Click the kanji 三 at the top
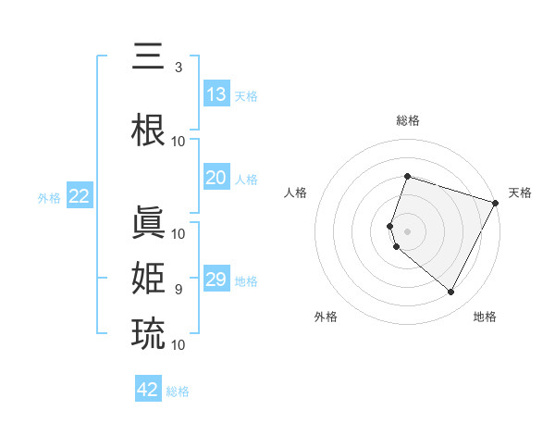(x=149, y=57)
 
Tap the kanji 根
(x=149, y=130)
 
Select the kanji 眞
(x=149, y=222)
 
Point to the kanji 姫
(x=149, y=278)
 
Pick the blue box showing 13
(x=216, y=94)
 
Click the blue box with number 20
(x=216, y=178)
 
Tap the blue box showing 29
(x=216, y=280)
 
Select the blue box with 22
(x=80, y=196)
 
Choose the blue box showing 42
(x=148, y=390)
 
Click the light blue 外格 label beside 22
(x=49, y=198)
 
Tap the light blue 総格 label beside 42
(x=178, y=391)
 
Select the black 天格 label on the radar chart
(x=520, y=193)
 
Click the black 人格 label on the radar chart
(x=296, y=193)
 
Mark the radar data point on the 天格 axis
(x=497, y=203)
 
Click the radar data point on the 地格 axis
(x=451, y=292)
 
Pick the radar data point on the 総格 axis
(x=407, y=176)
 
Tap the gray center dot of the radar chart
(x=407, y=230)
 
